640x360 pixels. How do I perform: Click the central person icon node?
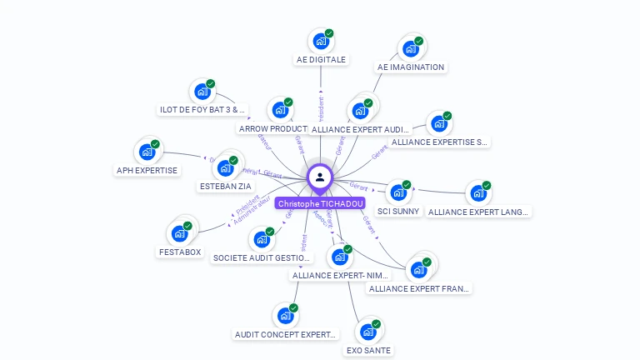click(x=320, y=177)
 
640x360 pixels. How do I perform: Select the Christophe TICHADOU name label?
click(x=321, y=203)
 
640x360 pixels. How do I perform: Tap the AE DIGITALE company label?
click(x=321, y=60)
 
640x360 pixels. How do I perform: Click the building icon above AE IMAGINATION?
click(x=410, y=48)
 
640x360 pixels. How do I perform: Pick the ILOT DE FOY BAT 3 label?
click(x=203, y=109)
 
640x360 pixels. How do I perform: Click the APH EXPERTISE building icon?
click(x=147, y=152)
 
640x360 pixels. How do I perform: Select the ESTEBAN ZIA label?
click(x=226, y=187)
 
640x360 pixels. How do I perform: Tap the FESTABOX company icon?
click(x=179, y=233)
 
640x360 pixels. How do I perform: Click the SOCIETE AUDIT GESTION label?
click(x=262, y=258)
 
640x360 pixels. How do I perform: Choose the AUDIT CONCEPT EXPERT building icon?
click(x=285, y=316)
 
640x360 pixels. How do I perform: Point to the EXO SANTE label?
click(x=368, y=351)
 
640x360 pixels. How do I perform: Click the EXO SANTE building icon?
click(x=367, y=332)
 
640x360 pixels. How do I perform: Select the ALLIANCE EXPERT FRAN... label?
click(x=419, y=288)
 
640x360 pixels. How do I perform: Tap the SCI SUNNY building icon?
click(x=398, y=192)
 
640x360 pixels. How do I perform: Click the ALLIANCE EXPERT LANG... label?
click(x=478, y=212)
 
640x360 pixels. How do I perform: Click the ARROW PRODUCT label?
click(x=269, y=129)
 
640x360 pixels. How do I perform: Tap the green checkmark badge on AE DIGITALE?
click(x=329, y=33)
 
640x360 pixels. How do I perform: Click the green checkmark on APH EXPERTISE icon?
click(x=155, y=144)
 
